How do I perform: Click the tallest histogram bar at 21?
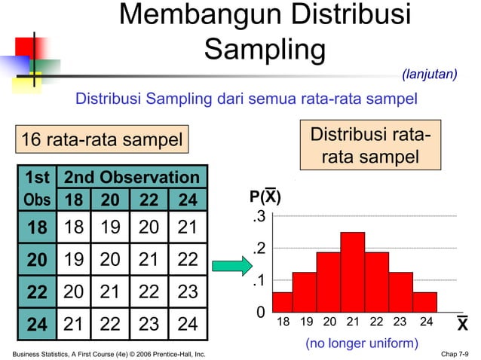coord(352,272)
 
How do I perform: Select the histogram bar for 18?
coord(282,302)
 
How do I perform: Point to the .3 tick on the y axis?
coord(259,218)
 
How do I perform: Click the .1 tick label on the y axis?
coord(259,280)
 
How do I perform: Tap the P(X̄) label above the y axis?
coord(265,198)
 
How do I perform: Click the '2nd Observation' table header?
coord(132,178)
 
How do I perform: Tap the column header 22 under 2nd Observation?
coord(148,201)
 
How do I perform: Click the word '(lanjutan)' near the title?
coord(429,74)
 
